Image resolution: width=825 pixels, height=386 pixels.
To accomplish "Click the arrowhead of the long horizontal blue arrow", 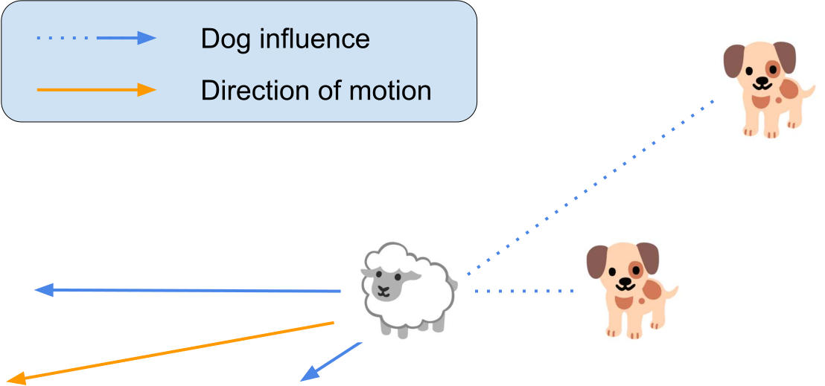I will click(x=43, y=290).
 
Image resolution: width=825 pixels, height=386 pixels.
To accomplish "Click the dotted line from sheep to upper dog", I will click(x=588, y=185).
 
